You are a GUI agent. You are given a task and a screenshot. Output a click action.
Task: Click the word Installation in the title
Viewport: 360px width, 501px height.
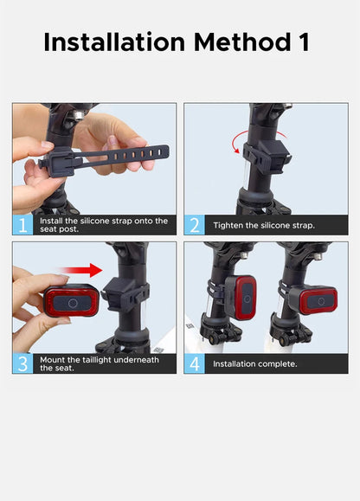coord(114,42)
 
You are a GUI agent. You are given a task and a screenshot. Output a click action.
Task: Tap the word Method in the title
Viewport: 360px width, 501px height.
coord(242,42)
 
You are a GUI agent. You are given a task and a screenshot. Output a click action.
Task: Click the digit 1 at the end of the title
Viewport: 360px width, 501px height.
coord(304,42)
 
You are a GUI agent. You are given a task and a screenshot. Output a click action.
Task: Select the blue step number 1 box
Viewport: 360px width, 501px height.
coord(22,225)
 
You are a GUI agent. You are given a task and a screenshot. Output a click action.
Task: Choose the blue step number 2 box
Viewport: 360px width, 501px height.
coord(195,225)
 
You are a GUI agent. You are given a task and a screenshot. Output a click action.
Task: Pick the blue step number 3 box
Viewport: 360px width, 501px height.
coord(22,363)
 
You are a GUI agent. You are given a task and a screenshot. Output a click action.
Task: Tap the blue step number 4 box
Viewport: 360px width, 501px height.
coord(195,363)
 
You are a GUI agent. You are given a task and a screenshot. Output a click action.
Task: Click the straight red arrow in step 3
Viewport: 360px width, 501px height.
coord(80,270)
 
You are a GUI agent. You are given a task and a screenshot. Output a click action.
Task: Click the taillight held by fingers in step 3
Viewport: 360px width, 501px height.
coord(72,300)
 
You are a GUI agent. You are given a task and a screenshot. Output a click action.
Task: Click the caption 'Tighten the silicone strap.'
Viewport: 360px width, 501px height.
coord(264,225)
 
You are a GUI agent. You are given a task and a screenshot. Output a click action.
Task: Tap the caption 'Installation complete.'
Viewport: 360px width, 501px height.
coord(255,364)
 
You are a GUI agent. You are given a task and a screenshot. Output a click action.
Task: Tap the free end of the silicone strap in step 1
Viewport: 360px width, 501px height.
coord(163,151)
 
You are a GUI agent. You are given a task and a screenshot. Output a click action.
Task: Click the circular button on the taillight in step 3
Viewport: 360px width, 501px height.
coord(73,303)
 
